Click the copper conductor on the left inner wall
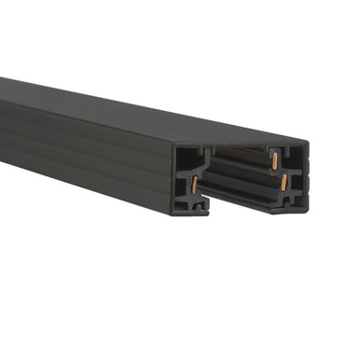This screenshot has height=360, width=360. [x=195, y=184]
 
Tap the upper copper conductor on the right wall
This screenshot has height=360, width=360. [x=276, y=160]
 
